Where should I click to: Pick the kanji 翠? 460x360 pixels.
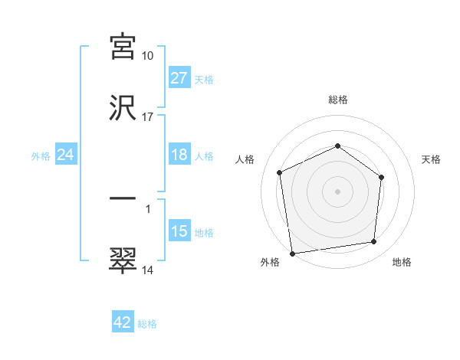(123, 260)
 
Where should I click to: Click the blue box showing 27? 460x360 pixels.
(179, 78)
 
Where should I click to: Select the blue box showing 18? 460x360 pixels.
(179, 155)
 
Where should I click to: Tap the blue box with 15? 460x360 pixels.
(179, 231)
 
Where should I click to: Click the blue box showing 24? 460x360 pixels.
(65, 155)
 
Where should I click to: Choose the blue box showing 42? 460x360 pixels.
(123, 322)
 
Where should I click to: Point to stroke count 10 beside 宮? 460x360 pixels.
(148, 55)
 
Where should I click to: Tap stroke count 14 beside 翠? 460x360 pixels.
(148, 270)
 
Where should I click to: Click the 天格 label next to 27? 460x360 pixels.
(204, 79)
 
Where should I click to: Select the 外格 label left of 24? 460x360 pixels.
(41, 155)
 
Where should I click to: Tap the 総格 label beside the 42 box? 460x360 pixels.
(147, 323)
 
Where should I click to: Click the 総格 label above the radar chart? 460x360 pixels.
(338, 100)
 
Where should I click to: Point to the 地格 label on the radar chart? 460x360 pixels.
(402, 262)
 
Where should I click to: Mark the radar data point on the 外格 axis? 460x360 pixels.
(292, 253)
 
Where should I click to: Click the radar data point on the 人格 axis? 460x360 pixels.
(280, 172)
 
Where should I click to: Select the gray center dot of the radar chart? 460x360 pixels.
(338, 191)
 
